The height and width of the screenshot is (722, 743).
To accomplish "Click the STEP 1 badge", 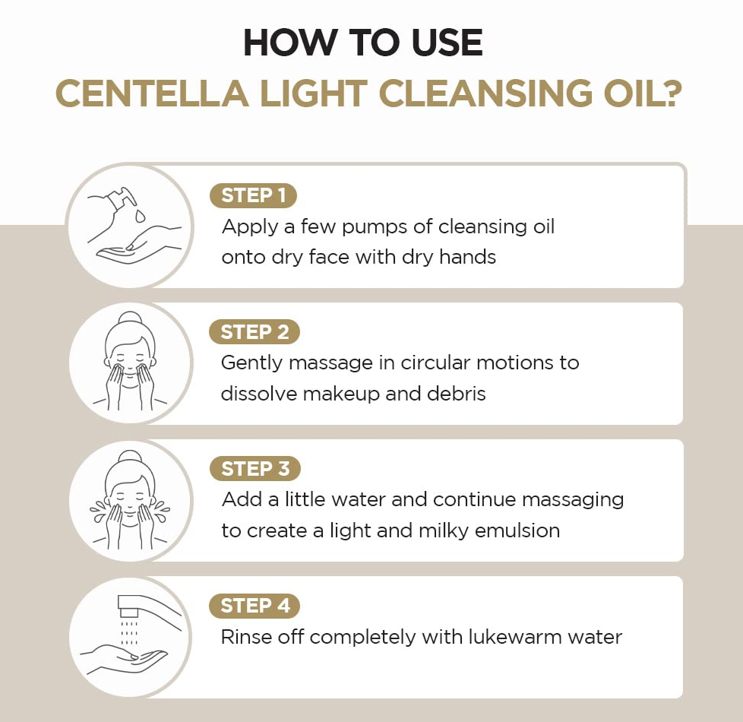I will [x=253, y=195].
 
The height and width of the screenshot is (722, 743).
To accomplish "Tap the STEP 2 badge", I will [x=255, y=332].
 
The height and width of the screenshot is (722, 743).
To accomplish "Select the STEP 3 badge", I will [x=255, y=469].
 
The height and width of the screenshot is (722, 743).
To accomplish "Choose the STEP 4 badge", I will [x=255, y=606].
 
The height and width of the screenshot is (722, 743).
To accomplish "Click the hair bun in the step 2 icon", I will [x=129, y=318].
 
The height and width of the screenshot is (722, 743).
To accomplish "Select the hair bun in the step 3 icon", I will [x=129, y=456].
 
